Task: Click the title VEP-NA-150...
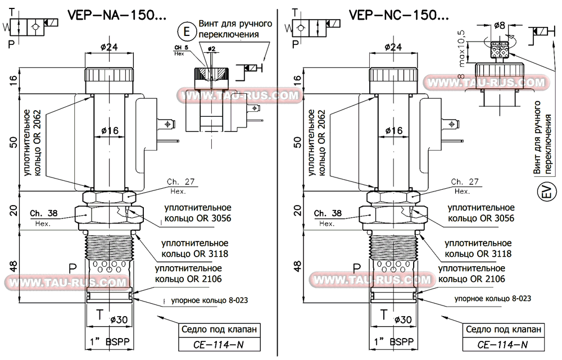click(116, 16)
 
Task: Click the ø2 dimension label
click(211, 49)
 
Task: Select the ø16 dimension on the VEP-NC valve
click(392, 130)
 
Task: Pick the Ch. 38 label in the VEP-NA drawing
click(47, 213)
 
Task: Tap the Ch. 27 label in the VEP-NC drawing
click(465, 182)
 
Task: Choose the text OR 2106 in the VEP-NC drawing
click(486, 279)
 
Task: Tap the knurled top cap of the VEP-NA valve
click(109, 75)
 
